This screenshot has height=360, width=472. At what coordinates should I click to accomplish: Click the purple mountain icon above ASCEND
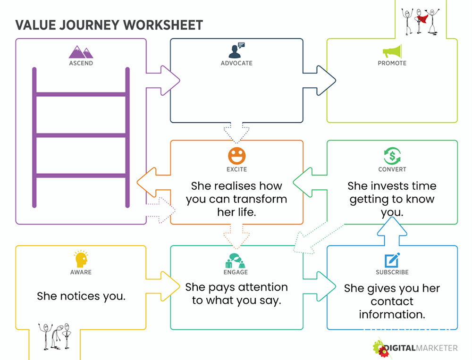pyautogui.click(x=81, y=52)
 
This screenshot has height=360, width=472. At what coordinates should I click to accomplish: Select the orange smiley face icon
pyautogui.click(x=237, y=156)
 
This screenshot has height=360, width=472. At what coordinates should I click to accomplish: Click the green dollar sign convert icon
pyautogui.click(x=392, y=156)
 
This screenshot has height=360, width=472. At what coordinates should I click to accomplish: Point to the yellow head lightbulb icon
pyautogui.click(x=81, y=259)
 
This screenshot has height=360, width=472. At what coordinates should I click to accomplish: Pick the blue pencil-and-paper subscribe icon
pyautogui.click(x=392, y=260)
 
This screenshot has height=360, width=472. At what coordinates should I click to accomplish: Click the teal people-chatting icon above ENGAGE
pyautogui.click(x=236, y=260)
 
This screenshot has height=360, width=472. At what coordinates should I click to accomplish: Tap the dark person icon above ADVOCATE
pyautogui.click(x=236, y=50)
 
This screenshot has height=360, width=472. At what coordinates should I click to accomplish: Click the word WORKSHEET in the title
pyautogui.click(x=163, y=25)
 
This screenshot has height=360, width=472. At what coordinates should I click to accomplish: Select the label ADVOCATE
pyautogui.click(x=236, y=63)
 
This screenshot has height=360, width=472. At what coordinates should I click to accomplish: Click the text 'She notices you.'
pyautogui.click(x=81, y=296)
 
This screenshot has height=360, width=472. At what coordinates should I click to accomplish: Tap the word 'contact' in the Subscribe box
pyautogui.click(x=392, y=301)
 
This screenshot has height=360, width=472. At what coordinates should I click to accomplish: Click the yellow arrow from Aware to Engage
pyautogui.click(x=163, y=286)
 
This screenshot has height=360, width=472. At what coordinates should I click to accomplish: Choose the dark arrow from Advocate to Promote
pyautogui.click(x=319, y=80)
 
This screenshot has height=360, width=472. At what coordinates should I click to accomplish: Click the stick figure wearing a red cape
pyautogui.click(x=420, y=20)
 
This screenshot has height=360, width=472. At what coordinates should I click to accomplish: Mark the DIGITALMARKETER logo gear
pyautogui.click(x=380, y=349)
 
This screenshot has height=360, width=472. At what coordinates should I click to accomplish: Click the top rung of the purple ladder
pyautogui.click(x=81, y=94)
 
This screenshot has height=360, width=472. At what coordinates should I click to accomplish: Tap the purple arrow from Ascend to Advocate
pyautogui.click(x=163, y=80)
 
